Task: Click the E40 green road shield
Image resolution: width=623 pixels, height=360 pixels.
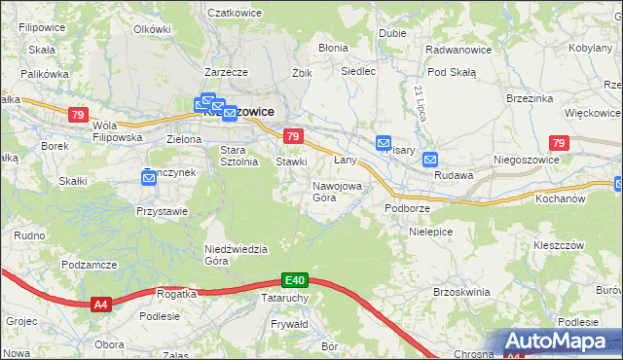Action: (297, 279)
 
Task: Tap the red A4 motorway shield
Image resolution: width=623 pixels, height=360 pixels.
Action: (100, 305)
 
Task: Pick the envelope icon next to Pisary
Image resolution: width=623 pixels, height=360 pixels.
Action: (383, 142)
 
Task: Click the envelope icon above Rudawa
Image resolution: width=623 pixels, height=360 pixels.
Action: (429, 160)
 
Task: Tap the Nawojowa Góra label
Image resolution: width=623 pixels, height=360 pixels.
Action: (337, 191)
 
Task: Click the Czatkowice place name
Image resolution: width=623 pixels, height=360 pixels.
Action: (237, 13)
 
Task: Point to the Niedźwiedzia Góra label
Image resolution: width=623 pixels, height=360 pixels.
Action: (236, 254)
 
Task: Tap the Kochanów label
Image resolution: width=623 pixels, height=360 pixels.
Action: (558, 198)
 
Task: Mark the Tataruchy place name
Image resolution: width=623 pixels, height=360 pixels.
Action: (285, 298)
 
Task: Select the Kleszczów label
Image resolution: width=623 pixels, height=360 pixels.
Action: (559, 245)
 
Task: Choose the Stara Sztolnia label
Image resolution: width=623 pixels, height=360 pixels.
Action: (238, 156)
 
